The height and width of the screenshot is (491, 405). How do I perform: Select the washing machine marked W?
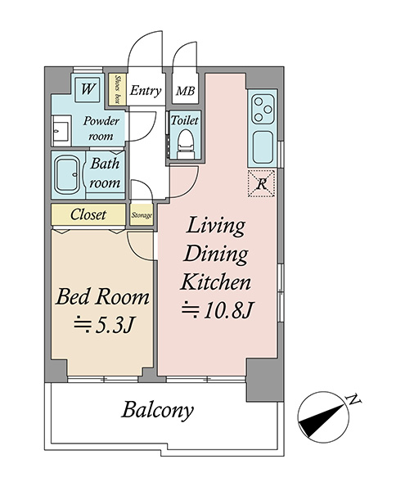coord(88,89)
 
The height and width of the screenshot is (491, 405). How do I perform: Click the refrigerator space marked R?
coord(261,184)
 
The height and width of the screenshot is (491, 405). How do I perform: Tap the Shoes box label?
coord(118,89)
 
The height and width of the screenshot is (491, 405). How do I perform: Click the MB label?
coord(185,91)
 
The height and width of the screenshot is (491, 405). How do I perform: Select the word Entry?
coord(146,91)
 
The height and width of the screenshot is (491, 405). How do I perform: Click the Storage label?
coord(142,215)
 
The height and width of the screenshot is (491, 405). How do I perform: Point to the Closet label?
coord(88,214)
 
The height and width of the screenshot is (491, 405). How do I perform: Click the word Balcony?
coord(158,410)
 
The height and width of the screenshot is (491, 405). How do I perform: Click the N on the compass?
coord(353,399)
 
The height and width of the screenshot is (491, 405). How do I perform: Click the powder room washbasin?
coord(61,130)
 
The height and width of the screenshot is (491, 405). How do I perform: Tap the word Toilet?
coord(185,120)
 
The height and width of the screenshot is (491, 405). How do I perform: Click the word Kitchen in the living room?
coord(216,282)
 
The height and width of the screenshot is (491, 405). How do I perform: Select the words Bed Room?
coord(102,297)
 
